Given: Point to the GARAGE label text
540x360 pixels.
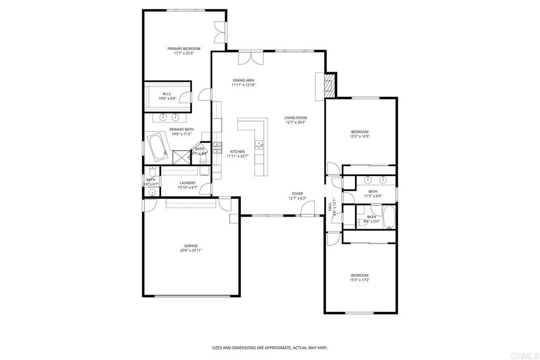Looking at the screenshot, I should pos(191,246).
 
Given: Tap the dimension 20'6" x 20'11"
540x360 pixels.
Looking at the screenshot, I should pos(191,250).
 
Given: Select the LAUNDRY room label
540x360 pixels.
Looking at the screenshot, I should pos(188,183).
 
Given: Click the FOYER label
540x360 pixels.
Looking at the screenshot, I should pos(297,193).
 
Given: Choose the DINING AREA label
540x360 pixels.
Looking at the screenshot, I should pos(244,80).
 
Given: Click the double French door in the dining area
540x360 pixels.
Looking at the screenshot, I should pos(248,58).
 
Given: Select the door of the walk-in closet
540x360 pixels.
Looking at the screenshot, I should pos(184,96).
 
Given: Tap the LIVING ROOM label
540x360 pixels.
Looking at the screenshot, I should pos(295,118).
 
